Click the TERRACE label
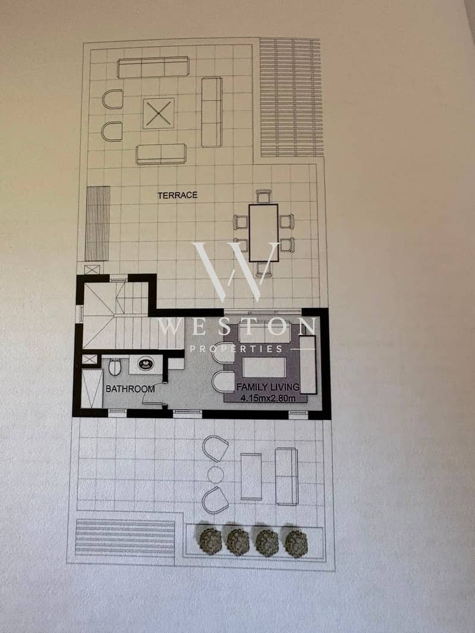click(178, 195)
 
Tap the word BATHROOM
click(130, 389)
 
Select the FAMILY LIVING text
click(268, 387)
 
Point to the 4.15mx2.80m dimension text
click(268, 398)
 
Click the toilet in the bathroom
click(114, 366)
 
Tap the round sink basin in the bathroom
click(146, 364)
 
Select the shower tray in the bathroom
click(92, 388)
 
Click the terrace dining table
click(263, 233)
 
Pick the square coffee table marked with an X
click(159, 113)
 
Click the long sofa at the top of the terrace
click(153, 67)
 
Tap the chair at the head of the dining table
click(263, 196)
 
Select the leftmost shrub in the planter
click(210, 540)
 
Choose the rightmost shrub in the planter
click(296, 543)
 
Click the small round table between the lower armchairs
click(215, 475)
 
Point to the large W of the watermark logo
click(235, 272)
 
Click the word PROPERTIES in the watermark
click(236, 349)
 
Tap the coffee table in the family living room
click(264, 368)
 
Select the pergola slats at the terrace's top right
click(291, 97)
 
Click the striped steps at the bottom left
click(125, 537)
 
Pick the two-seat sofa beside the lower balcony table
click(287, 476)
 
